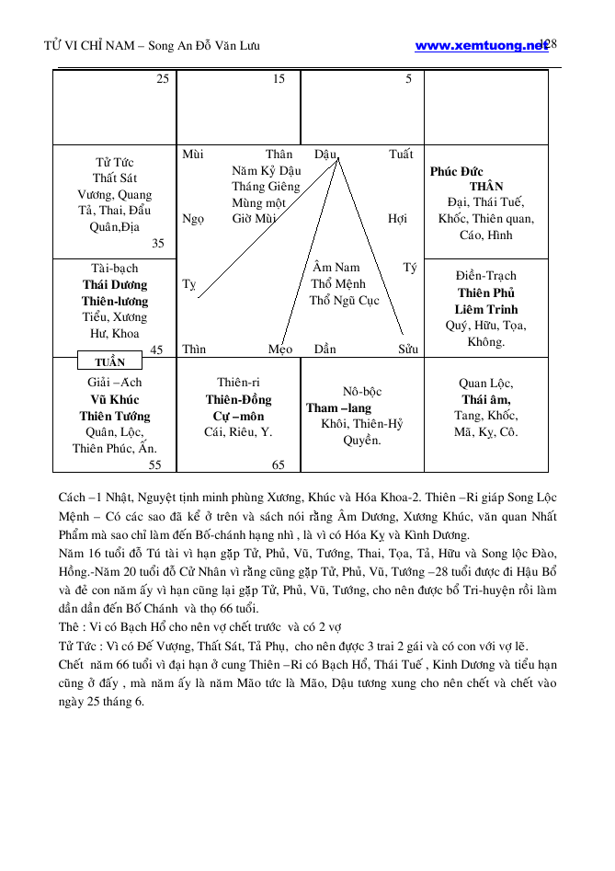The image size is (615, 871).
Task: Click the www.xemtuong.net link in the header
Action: (x=480, y=45)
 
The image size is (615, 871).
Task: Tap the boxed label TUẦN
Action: (x=110, y=362)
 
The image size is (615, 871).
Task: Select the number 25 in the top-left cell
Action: (x=162, y=79)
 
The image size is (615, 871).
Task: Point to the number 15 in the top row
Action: (x=279, y=79)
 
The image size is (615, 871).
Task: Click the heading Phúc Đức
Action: (x=456, y=171)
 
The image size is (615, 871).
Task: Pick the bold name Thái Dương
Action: (x=115, y=285)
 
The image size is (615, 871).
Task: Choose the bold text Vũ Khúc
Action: (x=115, y=399)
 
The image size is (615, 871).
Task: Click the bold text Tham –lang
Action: (x=339, y=407)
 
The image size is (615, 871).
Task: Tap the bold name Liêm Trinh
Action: (x=486, y=309)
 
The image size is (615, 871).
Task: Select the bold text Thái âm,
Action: (x=486, y=399)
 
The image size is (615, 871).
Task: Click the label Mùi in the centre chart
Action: (x=193, y=155)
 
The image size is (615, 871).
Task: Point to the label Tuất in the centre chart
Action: (x=401, y=155)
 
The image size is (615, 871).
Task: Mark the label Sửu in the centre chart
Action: (x=408, y=350)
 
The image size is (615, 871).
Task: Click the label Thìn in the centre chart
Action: (x=194, y=350)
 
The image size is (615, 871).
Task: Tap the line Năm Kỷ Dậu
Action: (x=266, y=171)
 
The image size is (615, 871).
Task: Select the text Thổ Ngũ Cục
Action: (x=344, y=301)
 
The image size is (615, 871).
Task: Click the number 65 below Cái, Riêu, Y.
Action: (x=279, y=465)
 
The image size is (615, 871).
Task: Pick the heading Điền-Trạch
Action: (x=486, y=276)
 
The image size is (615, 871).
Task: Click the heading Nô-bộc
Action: (x=362, y=391)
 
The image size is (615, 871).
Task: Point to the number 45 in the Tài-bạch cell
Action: (x=156, y=350)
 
